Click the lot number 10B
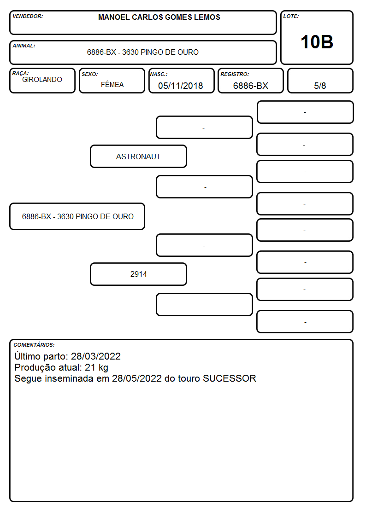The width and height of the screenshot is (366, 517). (317, 42)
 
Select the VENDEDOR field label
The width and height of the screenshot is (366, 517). (28, 16)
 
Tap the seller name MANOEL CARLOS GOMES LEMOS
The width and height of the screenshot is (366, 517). (159, 17)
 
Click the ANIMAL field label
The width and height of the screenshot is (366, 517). (24, 46)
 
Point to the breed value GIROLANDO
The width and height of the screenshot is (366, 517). (42, 80)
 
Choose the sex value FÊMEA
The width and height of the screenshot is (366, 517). (112, 84)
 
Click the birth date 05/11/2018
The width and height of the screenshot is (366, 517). (181, 86)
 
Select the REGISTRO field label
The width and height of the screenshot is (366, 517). (235, 74)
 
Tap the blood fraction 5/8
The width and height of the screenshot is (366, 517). (320, 86)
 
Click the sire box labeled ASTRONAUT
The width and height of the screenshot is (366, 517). (138, 157)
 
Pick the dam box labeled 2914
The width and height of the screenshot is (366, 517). (138, 274)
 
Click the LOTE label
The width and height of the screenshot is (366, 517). (291, 16)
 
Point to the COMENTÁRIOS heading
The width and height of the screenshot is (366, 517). (34, 345)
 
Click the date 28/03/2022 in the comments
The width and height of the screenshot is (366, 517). (96, 356)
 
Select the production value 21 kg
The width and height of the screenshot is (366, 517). (96, 367)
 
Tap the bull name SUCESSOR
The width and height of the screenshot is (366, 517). (230, 378)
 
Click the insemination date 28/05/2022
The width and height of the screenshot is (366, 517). (136, 378)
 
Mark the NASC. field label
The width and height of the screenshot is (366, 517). (159, 74)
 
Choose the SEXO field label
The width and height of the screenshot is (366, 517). (90, 74)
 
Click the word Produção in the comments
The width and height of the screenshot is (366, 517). (35, 368)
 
